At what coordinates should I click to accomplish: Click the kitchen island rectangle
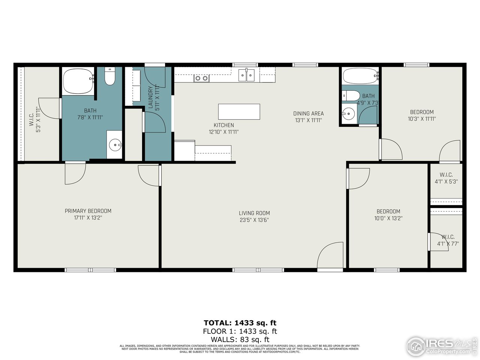[x=239, y=112]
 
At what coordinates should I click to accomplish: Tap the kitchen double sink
[x=247, y=75]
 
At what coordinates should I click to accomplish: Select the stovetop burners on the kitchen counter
[x=201, y=78]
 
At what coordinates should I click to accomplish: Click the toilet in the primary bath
[x=109, y=77]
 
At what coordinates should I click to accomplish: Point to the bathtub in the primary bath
[x=78, y=81]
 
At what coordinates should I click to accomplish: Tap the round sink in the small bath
[x=349, y=113]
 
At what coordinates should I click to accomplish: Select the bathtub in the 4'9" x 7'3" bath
[x=360, y=76]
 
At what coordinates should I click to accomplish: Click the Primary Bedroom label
[x=88, y=211]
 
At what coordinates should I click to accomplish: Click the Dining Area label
[x=308, y=113]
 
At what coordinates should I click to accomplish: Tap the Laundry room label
[x=150, y=97]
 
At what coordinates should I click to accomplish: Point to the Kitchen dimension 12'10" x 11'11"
[x=224, y=132]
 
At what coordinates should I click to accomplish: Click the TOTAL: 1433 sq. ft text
[x=240, y=322]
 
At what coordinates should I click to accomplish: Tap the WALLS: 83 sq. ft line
[x=240, y=340]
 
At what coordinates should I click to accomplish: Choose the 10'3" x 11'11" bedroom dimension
[x=422, y=119]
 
